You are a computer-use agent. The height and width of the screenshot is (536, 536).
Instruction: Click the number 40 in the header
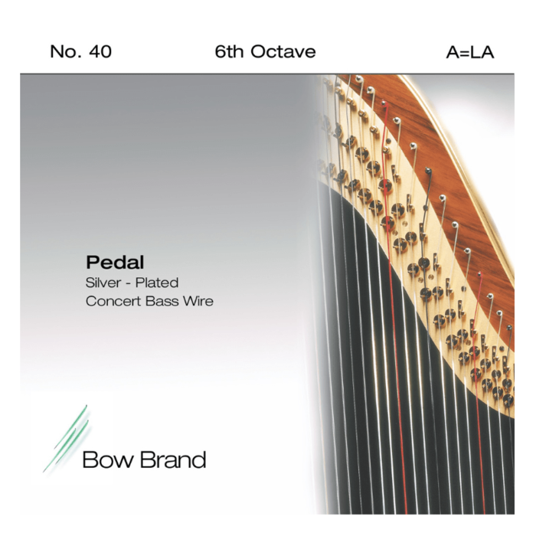point(100,52)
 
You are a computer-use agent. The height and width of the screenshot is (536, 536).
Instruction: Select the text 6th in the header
point(228,52)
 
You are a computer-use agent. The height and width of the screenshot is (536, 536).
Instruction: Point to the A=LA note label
point(469,52)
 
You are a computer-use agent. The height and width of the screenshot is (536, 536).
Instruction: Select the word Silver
point(103,283)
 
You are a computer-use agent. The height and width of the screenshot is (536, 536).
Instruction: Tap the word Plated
point(159,283)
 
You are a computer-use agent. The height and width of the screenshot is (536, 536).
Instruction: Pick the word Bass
point(164,301)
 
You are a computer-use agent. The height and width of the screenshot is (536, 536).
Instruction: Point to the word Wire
point(198,301)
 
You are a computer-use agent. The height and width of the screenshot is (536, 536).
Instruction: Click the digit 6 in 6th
point(220,52)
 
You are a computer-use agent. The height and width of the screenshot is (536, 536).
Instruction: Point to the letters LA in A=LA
point(481,52)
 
